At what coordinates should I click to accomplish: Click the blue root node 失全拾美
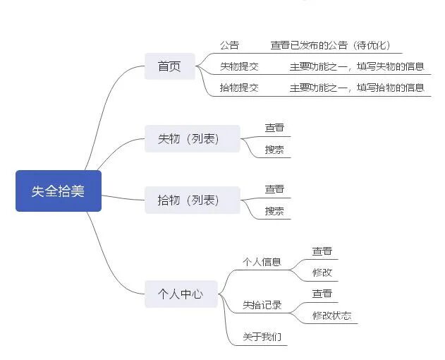tap(59, 191)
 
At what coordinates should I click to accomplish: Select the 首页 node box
tap(169, 66)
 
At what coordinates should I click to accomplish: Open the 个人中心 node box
tap(181, 294)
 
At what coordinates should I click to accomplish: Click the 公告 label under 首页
tap(229, 45)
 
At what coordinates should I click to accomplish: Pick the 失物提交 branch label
tap(239, 67)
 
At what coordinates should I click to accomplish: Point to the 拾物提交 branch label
tap(239, 88)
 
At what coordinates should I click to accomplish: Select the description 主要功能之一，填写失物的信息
tap(357, 67)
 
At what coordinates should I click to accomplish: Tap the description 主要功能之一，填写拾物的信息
tap(357, 88)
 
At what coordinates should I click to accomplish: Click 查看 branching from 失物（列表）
tap(274, 128)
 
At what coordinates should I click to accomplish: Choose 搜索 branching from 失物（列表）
tap(274, 150)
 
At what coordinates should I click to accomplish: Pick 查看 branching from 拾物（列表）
tap(274, 189)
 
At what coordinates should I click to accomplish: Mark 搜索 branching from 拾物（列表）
tap(274, 211)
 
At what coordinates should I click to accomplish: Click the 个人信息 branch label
tap(262, 262)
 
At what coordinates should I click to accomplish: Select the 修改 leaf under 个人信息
tap(322, 272)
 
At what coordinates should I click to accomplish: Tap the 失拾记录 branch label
tap(262, 305)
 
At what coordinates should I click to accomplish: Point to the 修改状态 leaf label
tap(331, 316)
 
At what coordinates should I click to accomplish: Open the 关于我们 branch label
tap(262, 337)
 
